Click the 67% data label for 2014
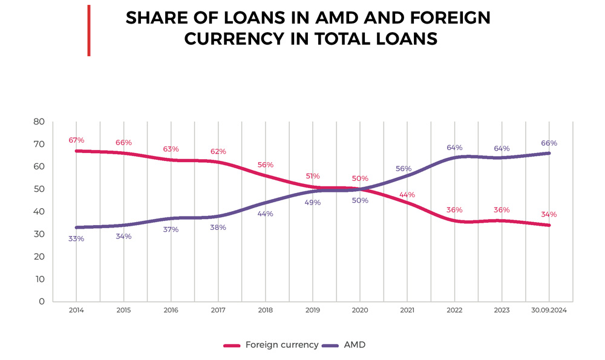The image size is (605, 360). click(76, 140)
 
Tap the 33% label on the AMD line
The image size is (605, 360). click(76, 238)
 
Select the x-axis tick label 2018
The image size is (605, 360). click(265, 310)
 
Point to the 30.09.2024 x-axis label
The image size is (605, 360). click(549, 310)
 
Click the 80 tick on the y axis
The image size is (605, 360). click(39, 122)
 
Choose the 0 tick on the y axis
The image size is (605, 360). click(42, 301)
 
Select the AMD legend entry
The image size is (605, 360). click(355, 345)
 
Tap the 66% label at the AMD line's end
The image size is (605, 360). click(549, 143)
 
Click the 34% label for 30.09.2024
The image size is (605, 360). click(549, 214)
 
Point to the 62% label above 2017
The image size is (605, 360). click(218, 151)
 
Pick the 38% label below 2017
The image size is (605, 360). click(218, 227)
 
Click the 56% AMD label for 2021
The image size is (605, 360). click(404, 169)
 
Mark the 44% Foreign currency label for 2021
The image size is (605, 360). click(407, 195)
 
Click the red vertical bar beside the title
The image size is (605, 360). click(89, 30)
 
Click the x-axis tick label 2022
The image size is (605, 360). click(454, 310)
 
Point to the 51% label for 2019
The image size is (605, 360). click(313, 176)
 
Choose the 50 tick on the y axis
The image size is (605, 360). click(39, 189)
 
